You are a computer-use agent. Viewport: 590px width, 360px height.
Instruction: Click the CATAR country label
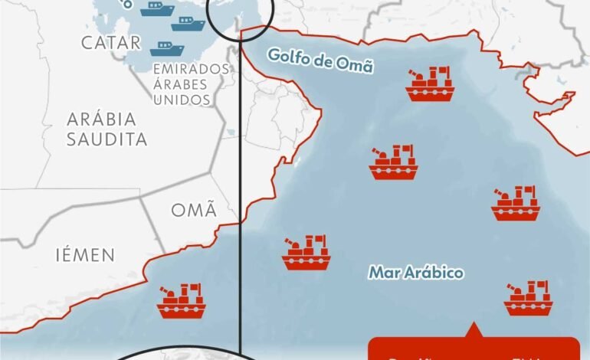[110, 42]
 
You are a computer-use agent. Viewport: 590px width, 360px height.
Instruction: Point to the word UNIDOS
[182, 100]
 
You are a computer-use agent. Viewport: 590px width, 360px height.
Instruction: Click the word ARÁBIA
[101, 119]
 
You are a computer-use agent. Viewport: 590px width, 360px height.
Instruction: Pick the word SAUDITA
[107, 139]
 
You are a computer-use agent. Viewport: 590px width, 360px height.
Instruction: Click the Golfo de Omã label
[320, 60]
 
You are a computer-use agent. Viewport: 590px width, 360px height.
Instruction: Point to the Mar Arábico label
[416, 272]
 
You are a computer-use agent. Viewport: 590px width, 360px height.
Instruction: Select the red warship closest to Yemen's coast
[181, 301]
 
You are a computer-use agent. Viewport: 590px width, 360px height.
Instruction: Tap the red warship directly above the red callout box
[528, 298]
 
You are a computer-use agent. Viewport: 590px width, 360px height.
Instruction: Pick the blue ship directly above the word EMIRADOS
[167, 49]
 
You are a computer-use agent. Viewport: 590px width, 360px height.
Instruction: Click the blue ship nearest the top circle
[188, 24]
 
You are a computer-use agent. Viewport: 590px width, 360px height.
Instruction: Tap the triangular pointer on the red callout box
[473, 331]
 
